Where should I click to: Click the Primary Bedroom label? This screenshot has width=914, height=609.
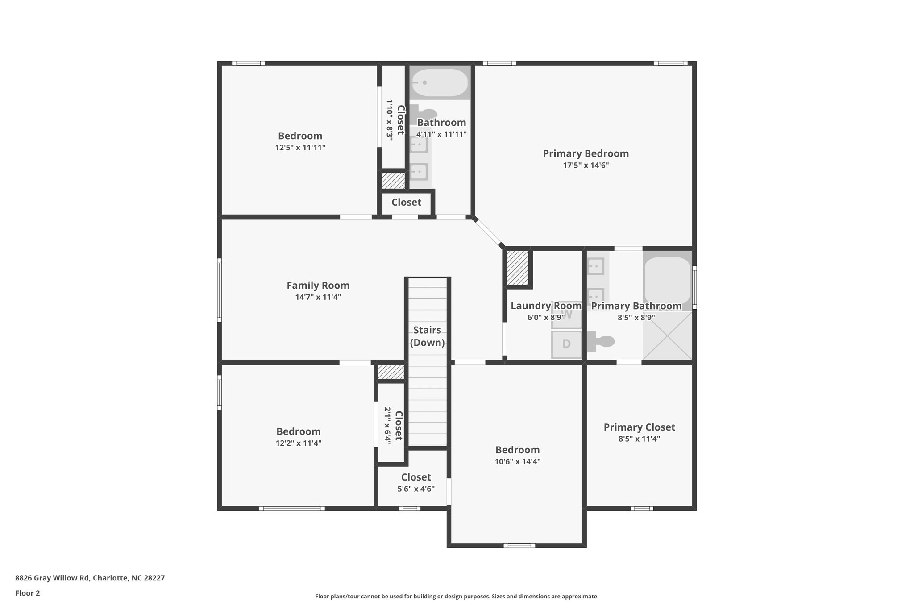coord(586,153)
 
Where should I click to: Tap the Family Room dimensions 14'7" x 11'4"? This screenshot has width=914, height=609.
coord(318,297)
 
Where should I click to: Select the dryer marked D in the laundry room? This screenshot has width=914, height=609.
coord(566,344)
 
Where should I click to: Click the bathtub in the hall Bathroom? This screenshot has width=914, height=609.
coord(440,83)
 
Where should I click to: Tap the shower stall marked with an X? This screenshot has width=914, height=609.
coord(667,336)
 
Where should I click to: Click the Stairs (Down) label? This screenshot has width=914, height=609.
coord(427,336)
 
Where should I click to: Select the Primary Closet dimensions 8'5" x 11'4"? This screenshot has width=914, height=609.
coord(639,439)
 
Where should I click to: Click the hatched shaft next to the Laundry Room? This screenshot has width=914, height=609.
coord(518,268)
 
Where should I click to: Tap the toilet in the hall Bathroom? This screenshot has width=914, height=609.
coord(424,113)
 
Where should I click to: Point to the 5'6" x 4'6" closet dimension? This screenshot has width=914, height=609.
coord(416,489)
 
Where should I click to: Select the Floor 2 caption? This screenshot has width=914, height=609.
coord(28,593)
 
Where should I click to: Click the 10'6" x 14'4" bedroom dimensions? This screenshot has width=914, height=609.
coord(517,462)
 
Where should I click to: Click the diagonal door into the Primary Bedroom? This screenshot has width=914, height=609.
coord(488,232)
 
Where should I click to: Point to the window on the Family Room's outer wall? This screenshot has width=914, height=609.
coord(219,290)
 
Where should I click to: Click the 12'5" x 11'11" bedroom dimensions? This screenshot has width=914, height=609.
coord(300,148)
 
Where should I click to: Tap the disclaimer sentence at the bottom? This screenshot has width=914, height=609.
coord(457,596)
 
